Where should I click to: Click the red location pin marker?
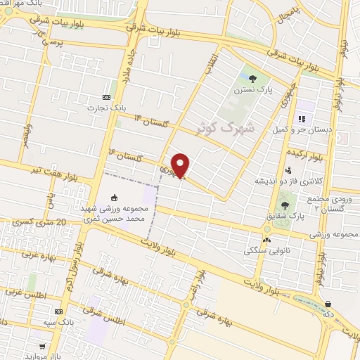181,165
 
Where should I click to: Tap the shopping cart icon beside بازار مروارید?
43,347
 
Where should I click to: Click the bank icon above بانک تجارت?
106,97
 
